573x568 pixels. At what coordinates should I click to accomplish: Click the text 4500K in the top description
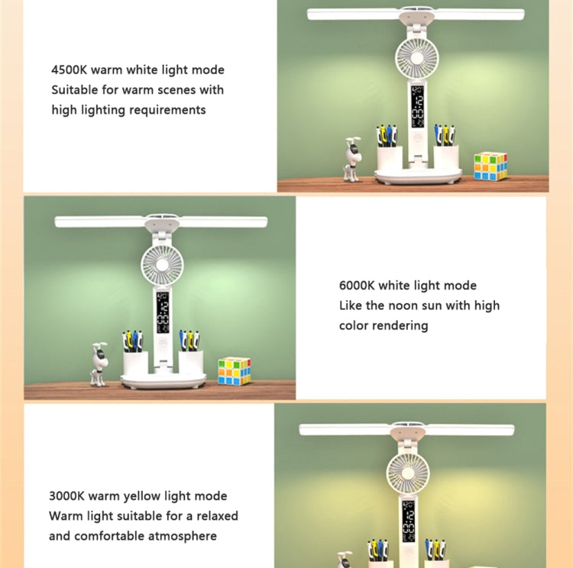pyautogui.click(x=69, y=70)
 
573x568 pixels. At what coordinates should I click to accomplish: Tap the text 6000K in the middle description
pyautogui.click(x=356, y=286)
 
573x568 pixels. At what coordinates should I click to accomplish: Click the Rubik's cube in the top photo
pyautogui.click(x=490, y=166)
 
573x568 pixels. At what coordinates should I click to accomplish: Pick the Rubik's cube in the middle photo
pyautogui.click(x=234, y=371)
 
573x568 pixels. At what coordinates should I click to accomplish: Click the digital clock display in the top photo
pyautogui.click(x=419, y=107)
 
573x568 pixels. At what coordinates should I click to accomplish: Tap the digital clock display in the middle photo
pyautogui.click(x=163, y=311)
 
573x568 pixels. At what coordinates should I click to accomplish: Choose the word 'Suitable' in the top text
pyautogui.click(x=75, y=90)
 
